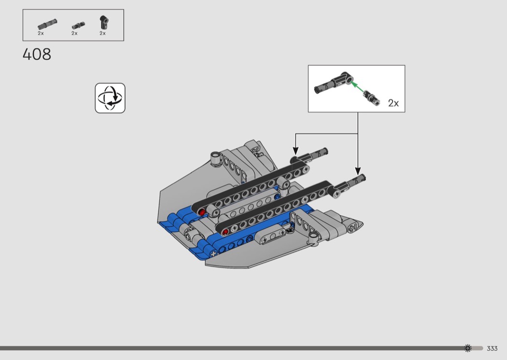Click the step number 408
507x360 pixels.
tap(37, 55)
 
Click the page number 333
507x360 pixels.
tap(492, 348)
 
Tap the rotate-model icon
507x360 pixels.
tap(110, 98)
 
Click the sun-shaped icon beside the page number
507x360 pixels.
tap(467, 348)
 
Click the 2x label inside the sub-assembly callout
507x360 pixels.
tap(393, 103)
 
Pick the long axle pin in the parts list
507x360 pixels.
tap(47, 24)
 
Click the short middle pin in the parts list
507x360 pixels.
tap(79, 25)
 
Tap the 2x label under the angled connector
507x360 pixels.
tap(102, 33)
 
